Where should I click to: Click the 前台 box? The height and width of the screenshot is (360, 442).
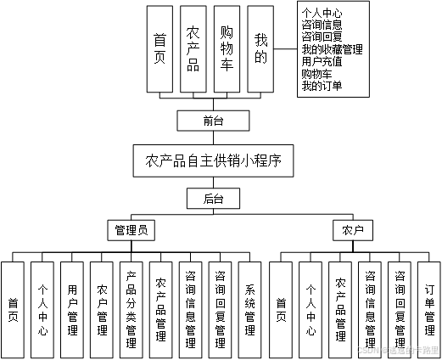[214, 121]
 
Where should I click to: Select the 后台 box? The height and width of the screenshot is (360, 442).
[214, 200]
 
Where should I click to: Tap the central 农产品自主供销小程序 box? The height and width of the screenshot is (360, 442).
[214, 160]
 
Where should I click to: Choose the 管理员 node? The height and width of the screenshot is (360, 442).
[135, 230]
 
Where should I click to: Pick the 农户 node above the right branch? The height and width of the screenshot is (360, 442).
[353, 230]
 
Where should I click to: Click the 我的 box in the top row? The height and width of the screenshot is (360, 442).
[261, 48]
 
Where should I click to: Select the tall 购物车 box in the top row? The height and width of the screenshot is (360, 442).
[227, 48]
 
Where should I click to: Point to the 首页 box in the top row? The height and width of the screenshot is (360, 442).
[160, 48]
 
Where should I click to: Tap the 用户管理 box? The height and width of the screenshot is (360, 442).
[72, 310]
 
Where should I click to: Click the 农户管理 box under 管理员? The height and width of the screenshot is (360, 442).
[102, 310]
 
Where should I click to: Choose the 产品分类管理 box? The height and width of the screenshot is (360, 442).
[131, 310]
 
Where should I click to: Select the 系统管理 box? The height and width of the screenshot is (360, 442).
[249, 310]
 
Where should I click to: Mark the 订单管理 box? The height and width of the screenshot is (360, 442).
[429, 310]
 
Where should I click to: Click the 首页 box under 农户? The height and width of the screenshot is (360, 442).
[281, 310]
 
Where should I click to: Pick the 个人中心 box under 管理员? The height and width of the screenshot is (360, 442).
[42, 310]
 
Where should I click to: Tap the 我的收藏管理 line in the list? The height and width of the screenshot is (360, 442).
[332, 49]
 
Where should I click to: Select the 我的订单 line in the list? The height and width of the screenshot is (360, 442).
[322, 85]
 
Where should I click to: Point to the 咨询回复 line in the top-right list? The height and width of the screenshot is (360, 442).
[322, 37]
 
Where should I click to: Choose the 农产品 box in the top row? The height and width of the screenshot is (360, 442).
[193, 48]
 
